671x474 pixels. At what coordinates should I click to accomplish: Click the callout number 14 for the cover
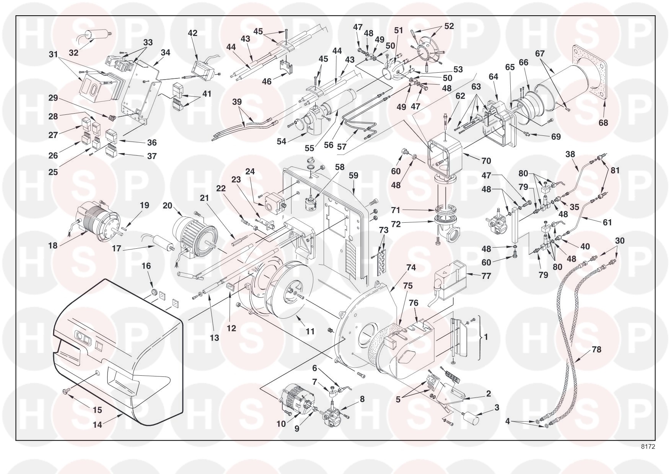click(x=98, y=424)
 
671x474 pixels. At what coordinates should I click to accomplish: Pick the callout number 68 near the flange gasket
click(x=604, y=123)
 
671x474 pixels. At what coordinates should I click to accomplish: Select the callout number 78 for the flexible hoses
click(x=596, y=349)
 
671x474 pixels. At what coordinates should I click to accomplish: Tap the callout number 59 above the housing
click(x=353, y=176)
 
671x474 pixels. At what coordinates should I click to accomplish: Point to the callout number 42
click(x=192, y=33)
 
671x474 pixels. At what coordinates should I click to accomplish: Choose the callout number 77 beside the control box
click(x=486, y=276)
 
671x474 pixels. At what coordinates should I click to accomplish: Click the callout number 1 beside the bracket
click(x=486, y=337)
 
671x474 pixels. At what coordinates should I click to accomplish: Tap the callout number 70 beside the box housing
click(x=486, y=161)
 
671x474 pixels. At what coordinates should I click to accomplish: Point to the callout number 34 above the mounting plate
click(x=165, y=52)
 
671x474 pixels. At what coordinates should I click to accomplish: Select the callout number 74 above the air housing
click(x=411, y=268)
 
